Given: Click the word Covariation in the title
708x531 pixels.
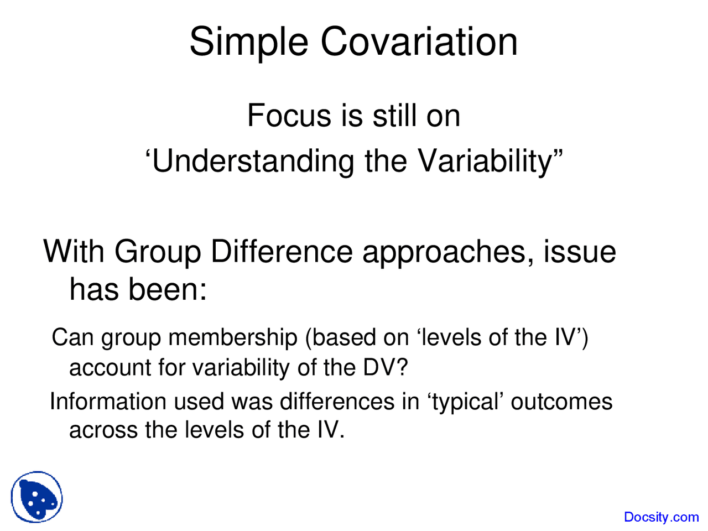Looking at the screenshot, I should pyautogui.click(x=419, y=42).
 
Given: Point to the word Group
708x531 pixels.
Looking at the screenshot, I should pyautogui.click(x=157, y=252).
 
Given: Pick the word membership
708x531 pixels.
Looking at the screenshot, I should pyautogui.click(x=233, y=338).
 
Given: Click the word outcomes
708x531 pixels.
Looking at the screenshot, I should pyautogui.click(x=561, y=402).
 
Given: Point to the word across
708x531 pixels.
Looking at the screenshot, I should pyautogui.click(x=103, y=430).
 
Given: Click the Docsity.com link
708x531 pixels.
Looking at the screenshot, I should pyautogui.click(x=661, y=517).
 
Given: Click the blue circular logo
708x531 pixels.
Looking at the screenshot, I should pyautogui.click(x=37, y=497).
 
